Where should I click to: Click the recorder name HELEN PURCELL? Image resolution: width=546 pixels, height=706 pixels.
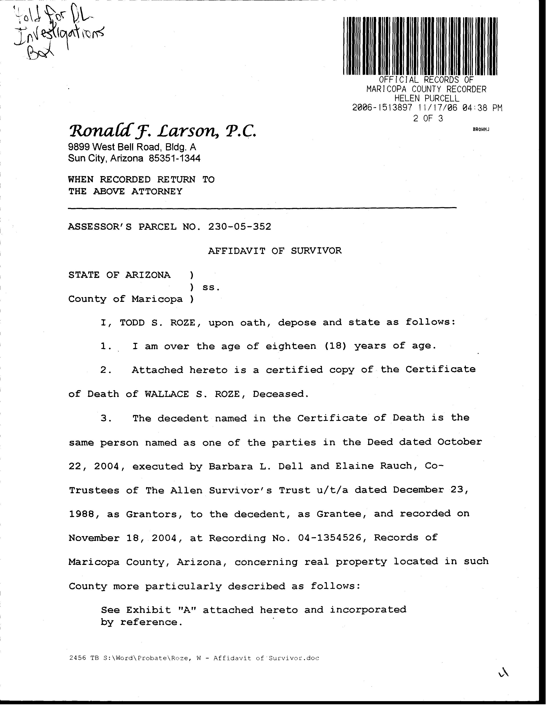[x=426, y=98]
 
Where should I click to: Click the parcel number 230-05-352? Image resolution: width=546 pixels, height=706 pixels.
[x=240, y=227]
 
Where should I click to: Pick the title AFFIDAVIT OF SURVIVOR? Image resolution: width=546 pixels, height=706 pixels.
[x=275, y=251]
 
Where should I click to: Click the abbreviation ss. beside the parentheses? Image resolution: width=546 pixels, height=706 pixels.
[x=211, y=287]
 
